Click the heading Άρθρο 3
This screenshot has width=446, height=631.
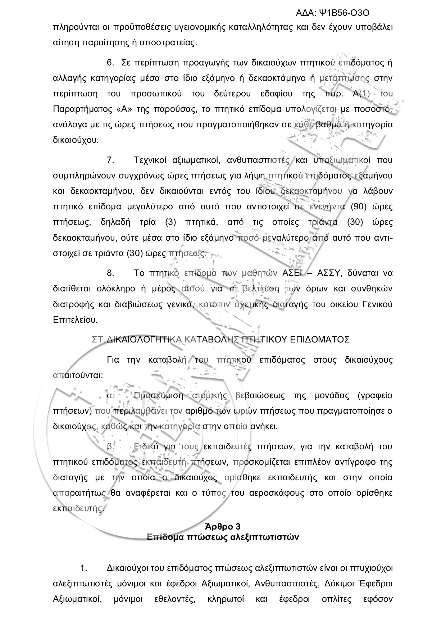click(x=223, y=527)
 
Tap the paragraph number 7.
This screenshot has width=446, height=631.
click(x=110, y=160)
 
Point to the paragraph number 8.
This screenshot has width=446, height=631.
click(x=110, y=273)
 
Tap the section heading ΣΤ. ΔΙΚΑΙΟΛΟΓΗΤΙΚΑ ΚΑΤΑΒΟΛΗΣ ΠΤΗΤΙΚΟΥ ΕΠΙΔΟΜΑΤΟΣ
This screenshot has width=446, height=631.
click(x=221, y=339)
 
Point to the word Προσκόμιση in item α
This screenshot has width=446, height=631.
click(x=158, y=396)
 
